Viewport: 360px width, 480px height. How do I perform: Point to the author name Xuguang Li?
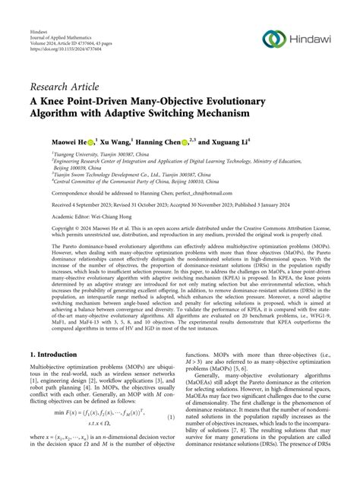click(257, 141)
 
